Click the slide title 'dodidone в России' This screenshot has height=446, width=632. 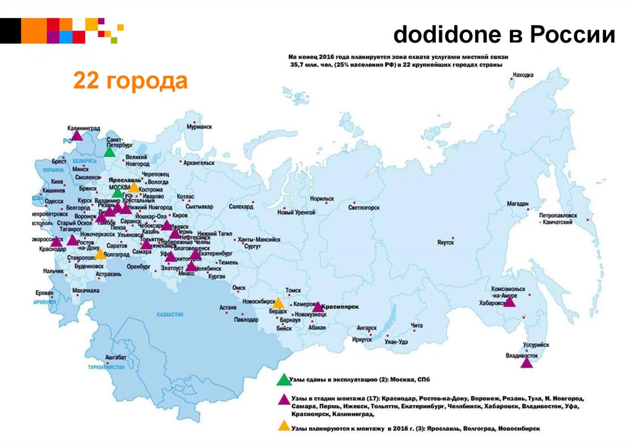(504, 35)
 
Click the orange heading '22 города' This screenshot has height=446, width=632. (130, 81)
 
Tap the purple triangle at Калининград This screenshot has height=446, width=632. (76, 136)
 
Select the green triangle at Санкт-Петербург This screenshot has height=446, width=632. (109, 152)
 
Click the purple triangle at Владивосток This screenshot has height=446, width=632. (526, 363)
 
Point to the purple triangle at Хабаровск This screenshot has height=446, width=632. (509, 302)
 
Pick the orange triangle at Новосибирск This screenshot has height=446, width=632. (278, 303)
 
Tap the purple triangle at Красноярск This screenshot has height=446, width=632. (317, 307)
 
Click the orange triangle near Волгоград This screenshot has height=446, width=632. (99, 254)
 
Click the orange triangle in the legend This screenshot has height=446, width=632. (283, 426)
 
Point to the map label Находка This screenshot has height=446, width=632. (523, 76)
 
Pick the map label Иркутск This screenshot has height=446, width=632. (362, 339)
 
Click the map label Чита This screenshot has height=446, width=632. (417, 325)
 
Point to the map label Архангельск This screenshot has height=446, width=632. (198, 163)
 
